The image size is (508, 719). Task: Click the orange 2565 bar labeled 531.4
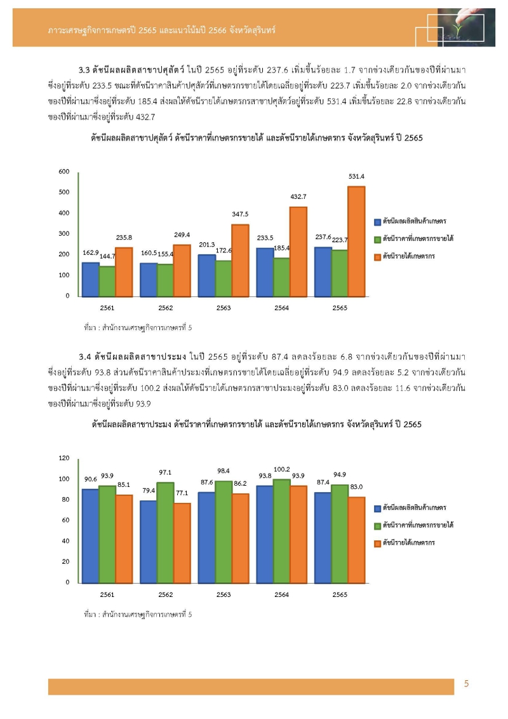click(x=356, y=241)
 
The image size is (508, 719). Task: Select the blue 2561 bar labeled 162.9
click(x=90, y=279)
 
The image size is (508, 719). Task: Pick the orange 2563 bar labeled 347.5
click(x=239, y=260)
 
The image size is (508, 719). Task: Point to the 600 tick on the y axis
click(x=63, y=172)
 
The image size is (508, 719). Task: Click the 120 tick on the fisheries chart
click(x=63, y=458)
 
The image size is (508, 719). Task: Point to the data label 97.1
click(x=165, y=472)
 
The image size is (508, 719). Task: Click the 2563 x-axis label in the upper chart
click(x=223, y=308)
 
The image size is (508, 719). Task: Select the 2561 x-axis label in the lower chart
click(x=107, y=594)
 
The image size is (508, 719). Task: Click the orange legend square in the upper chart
click(x=377, y=256)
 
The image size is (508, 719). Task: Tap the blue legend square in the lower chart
click(x=377, y=508)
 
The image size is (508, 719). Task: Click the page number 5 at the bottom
click(x=467, y=684)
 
